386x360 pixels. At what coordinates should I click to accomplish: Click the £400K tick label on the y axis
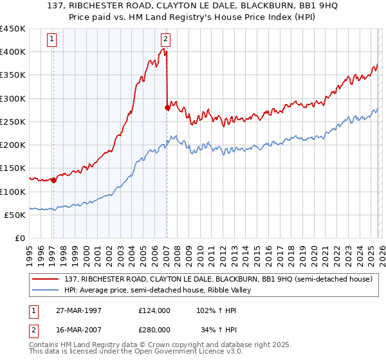12,52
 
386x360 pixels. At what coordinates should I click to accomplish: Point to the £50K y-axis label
15,215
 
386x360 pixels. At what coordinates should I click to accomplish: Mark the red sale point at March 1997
53,181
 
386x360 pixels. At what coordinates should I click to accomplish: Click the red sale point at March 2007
167,108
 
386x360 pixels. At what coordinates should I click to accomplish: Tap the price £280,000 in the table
154,329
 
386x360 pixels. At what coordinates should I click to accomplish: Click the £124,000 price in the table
154,310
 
